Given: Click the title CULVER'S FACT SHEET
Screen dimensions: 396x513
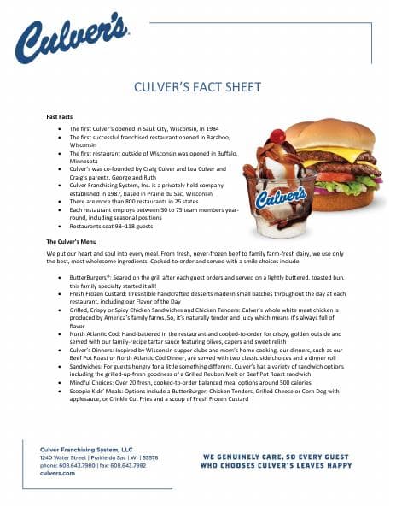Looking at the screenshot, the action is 198,88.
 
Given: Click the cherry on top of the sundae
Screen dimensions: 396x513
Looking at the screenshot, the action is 280,137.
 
